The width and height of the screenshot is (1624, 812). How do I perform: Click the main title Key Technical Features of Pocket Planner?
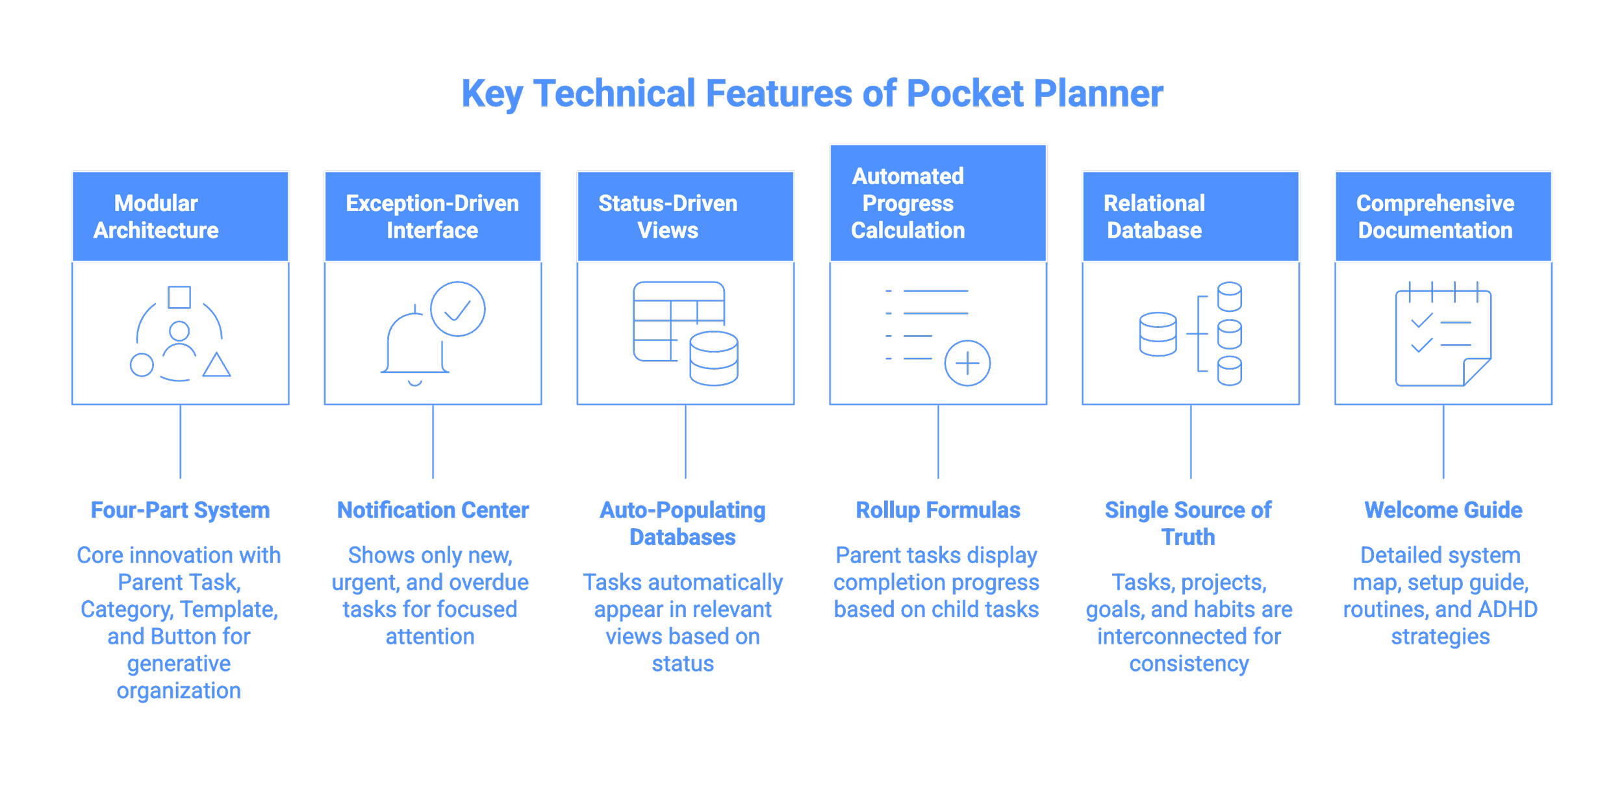click(812, 94)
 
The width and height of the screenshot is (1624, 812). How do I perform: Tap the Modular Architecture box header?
click(180, 216)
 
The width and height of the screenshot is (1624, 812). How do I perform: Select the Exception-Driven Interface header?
click(433, 216)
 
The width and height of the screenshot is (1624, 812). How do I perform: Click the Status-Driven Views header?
click(685, 216)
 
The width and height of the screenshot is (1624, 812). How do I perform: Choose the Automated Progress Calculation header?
click(938, 203)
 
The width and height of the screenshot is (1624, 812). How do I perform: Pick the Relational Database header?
click(1191, 216)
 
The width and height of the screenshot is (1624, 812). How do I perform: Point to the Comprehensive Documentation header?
click(1443, 216)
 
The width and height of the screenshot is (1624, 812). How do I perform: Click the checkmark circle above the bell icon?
click(457, 309)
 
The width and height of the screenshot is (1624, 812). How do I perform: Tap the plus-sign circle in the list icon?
click(967, 363)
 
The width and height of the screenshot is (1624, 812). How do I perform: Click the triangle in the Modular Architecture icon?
click(216, 366)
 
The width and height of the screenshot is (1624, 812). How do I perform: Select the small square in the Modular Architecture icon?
click(179, 297)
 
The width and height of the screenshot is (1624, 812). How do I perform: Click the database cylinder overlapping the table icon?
click(713, 359)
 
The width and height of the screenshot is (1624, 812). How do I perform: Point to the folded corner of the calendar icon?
click(1476, 372)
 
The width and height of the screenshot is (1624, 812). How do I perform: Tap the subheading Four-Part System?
click(180, 511)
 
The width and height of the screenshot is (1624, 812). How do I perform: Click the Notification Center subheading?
click(433, 511)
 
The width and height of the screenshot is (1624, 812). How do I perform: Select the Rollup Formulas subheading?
click(938, 511)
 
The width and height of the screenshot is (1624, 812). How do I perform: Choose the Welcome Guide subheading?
click(1443, 511)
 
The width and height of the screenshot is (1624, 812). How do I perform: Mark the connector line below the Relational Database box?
click(1191, 442)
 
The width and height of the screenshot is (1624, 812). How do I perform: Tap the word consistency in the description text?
click(1189, 664)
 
